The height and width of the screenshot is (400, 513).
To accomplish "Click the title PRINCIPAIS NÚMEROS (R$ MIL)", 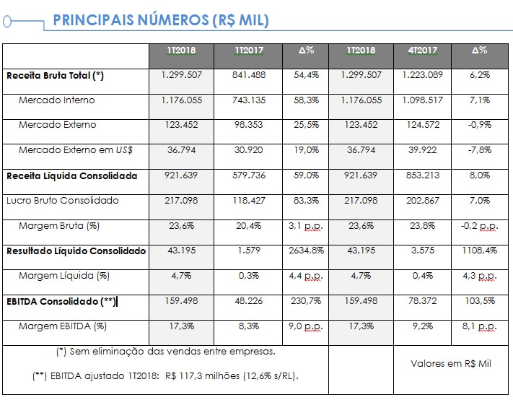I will tap(161, 20).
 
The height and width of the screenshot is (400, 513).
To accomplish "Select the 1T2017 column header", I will tap(248, 51).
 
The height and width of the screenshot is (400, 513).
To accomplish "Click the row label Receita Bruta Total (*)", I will tap(56, 75).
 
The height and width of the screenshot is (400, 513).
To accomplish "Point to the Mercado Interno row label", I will tap(56, 100).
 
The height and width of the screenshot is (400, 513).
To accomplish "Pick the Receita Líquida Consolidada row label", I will tap(71, 175).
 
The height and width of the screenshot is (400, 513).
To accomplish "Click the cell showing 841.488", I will tap(248, 75).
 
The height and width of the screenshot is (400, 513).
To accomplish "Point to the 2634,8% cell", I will tap(306, 251).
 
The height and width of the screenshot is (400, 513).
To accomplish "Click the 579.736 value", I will tap(248, 175).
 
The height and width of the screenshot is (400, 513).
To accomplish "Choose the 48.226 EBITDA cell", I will tap(248, 301).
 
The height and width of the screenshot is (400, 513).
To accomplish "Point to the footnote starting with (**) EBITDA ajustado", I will tap(165, 376).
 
